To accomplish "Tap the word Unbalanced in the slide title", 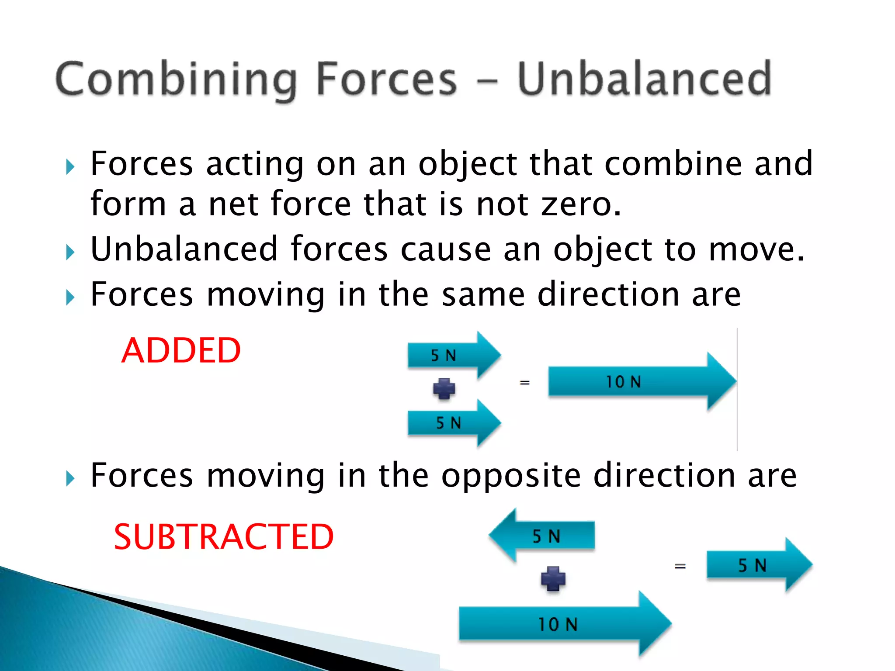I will tap(645, 79).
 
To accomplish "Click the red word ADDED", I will tap(181, 350).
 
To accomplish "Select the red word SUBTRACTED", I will tap(224, 537).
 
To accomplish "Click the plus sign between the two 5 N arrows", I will tap(444, 388).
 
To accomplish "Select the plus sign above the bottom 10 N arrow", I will tap(553, 578).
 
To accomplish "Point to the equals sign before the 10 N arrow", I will tap(525, 383).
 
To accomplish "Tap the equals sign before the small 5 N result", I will tap(680, 567).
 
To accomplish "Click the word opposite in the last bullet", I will tap(510, 475).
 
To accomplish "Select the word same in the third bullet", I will tap(483, 294).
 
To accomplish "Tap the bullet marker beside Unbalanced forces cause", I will tap(70, 252).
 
